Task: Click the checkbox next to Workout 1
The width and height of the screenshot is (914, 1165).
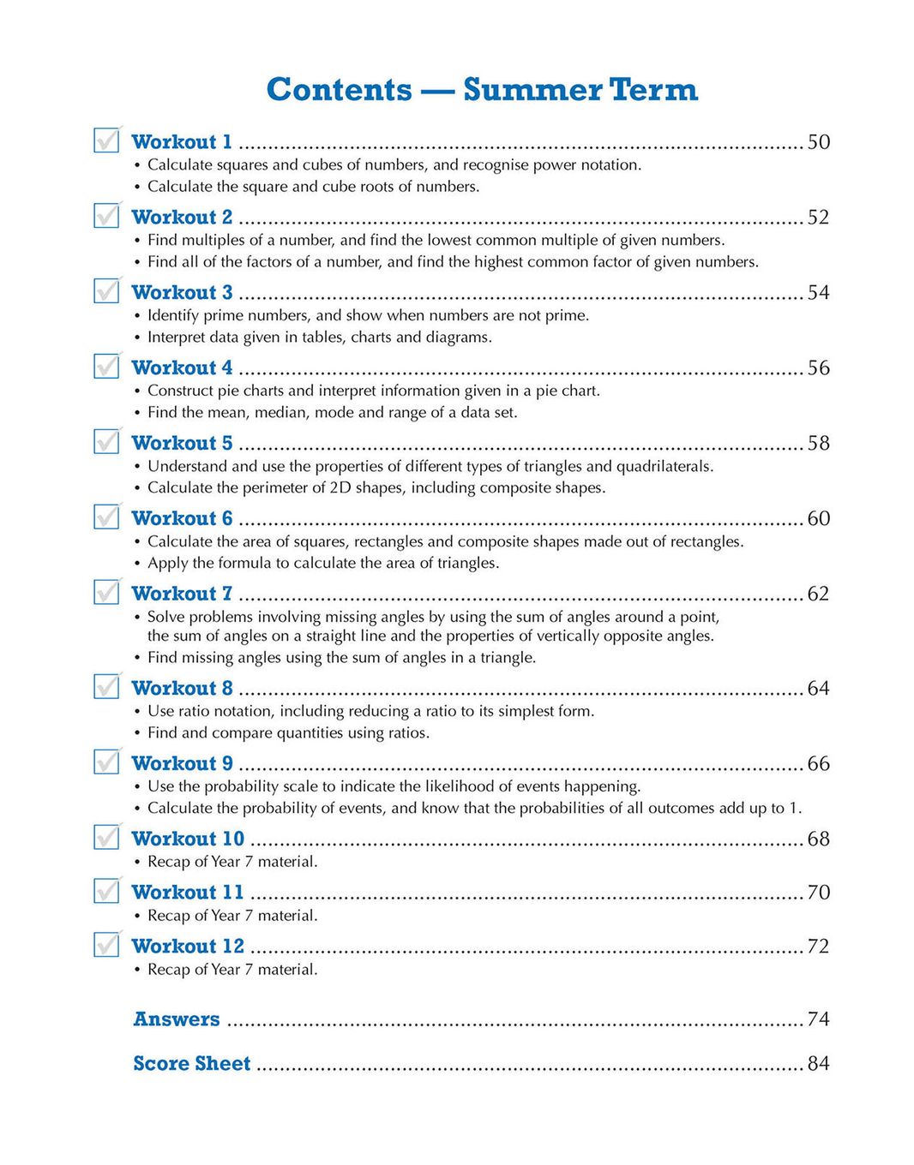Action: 106,140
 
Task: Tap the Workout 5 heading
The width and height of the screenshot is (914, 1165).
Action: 182,443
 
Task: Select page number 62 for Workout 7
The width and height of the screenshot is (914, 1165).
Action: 818,594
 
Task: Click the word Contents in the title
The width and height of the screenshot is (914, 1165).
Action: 340,90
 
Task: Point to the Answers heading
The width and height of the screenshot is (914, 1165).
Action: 177,1019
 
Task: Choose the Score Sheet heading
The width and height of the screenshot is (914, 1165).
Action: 192,1063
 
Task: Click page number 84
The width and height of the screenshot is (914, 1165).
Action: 818,1063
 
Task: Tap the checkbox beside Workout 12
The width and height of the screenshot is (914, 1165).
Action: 106,944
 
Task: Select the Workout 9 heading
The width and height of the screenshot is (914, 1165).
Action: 182,763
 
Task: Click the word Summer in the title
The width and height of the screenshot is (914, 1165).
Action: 532,90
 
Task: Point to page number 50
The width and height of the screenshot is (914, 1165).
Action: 818,141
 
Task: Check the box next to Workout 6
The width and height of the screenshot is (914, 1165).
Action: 106,517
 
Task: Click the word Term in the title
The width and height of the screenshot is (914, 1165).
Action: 653,90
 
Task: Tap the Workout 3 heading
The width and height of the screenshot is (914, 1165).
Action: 182,292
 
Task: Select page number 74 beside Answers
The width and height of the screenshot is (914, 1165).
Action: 818,1019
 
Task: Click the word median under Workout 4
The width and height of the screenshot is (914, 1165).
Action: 280,413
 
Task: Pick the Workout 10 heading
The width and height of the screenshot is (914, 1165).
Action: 188,839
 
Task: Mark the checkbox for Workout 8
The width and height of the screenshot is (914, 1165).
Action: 106,686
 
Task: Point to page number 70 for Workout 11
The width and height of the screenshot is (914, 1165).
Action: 818,892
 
